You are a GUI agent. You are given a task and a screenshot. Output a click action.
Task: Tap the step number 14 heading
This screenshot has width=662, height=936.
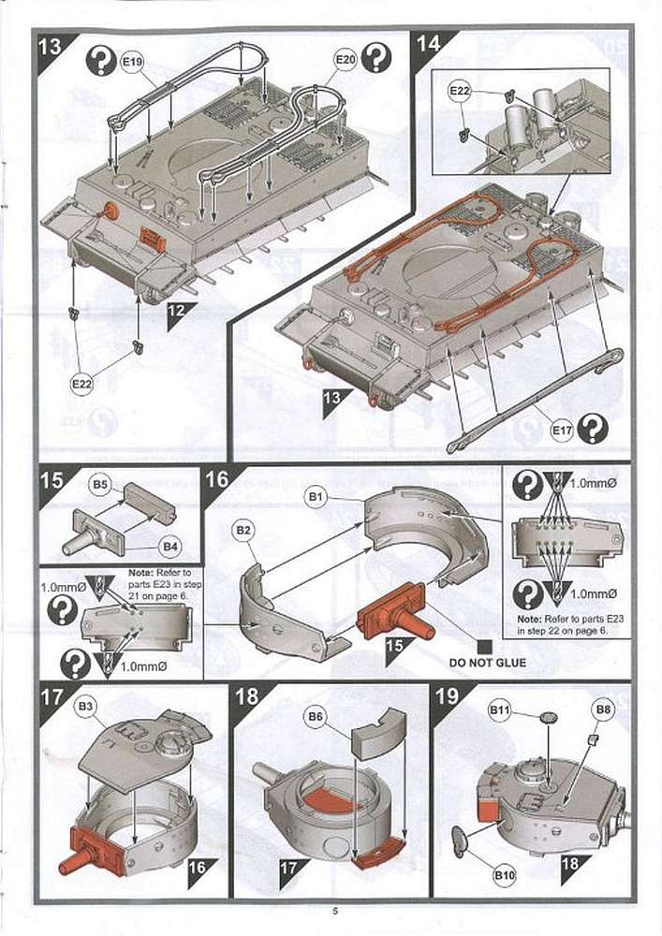point(428,44)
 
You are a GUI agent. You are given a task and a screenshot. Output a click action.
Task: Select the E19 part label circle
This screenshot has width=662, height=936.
point(132,62)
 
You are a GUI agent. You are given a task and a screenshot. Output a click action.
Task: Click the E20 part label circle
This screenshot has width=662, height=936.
point(345,60)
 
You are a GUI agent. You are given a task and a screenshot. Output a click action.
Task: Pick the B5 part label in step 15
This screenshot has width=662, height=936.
point(101,485)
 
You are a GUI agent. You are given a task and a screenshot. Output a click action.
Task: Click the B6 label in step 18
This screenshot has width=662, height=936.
point(315,717)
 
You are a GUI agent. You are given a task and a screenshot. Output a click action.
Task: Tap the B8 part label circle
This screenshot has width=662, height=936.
point(604,711)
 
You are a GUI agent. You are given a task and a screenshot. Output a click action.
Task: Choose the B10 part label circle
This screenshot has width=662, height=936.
point(504,875)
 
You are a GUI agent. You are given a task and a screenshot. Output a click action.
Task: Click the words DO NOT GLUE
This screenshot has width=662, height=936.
point(487,663)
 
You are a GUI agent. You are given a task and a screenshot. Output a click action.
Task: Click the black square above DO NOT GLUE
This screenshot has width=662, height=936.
point(484,645)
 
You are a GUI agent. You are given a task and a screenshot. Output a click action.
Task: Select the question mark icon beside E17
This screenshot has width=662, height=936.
point(592,429)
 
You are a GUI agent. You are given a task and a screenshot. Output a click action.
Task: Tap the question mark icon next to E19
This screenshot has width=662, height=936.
point(100,62)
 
